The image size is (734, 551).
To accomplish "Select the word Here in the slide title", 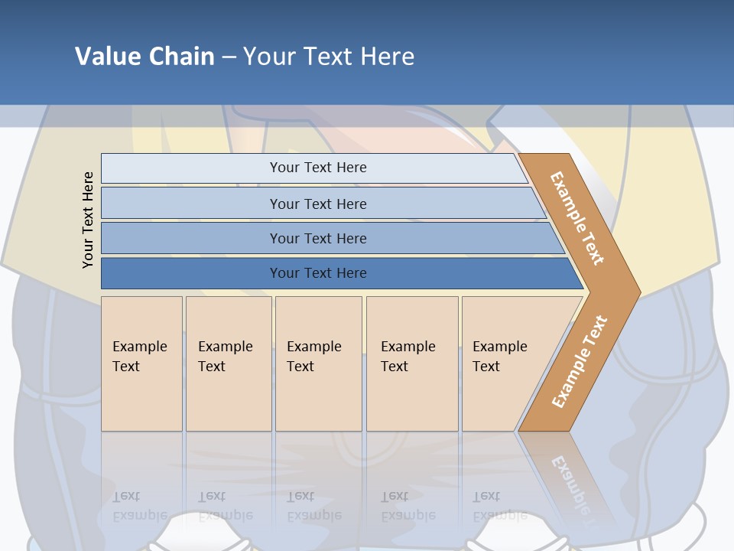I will coord(387,57).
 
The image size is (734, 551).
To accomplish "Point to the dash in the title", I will coord(229,57).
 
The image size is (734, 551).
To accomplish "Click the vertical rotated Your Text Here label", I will coord(88,220).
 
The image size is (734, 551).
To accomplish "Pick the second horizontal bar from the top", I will coord(317,204).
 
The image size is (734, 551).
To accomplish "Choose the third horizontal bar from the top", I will coord(317,238).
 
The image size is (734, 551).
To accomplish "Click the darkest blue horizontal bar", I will coord(317,273).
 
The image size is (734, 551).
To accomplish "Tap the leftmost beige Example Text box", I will coord(141,364).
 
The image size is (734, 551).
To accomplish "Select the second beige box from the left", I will coord(228,364).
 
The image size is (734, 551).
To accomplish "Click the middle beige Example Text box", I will coord(318,364).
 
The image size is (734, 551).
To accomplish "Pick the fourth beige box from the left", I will coord(412,364).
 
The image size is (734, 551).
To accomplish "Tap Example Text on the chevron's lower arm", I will coord(580,361).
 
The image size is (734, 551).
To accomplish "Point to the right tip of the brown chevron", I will coord(638,292).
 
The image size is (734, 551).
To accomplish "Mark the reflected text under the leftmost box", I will coord(139,506).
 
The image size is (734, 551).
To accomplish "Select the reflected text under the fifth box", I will coord(499,506).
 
